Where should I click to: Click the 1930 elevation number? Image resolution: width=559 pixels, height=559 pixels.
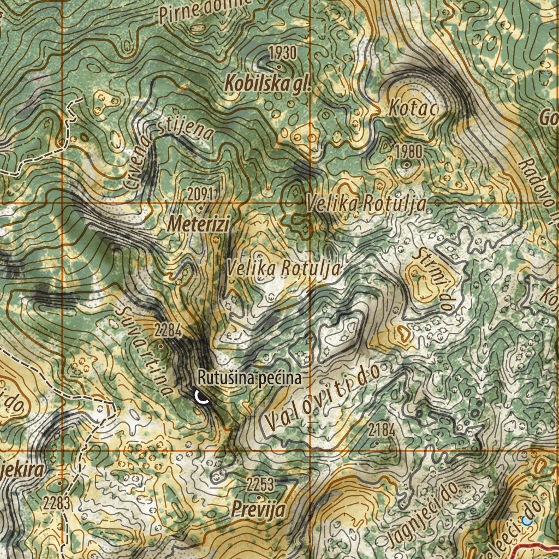[282, 53]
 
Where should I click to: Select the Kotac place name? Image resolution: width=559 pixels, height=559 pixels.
[413, 109]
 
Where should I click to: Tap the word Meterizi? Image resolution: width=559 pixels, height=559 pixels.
[199, 223]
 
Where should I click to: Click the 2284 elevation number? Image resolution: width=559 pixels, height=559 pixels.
[167, 330]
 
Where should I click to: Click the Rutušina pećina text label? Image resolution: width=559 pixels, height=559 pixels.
[249, 377]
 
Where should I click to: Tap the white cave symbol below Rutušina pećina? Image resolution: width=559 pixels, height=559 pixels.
[202, 396]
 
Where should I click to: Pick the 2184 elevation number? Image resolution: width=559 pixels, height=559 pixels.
[382, 430]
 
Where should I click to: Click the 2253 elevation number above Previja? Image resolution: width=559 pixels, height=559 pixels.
[260, 484]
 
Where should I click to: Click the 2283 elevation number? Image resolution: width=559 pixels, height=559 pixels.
[57, 503]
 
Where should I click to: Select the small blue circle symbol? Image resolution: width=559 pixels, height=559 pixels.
[527, 520]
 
